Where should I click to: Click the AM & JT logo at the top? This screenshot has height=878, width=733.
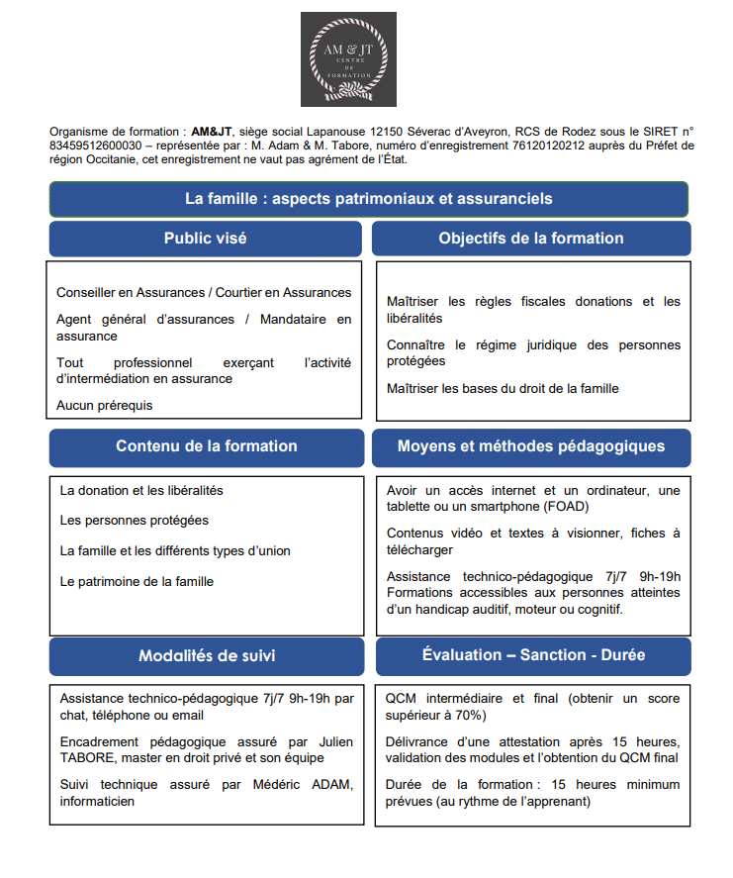coord(348,59)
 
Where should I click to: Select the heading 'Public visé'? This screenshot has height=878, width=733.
coord(205,239)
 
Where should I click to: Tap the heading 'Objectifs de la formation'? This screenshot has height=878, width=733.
coord(531,239)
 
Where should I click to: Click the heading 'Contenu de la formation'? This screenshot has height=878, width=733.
coord(206,446)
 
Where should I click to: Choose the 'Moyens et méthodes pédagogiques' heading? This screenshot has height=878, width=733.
coord(531,446)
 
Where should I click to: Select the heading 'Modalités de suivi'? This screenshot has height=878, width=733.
coord(207,655)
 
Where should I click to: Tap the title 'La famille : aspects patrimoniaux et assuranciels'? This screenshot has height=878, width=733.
coord(368,199)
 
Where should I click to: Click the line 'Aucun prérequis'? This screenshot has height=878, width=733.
coord(105,405)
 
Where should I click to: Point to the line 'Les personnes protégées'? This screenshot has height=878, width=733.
coord(135,521)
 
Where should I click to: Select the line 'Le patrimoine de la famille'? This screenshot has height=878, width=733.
coord(137,581)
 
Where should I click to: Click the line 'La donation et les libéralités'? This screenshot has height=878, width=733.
coord(141,490)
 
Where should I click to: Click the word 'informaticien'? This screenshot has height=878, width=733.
coord(97,801)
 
